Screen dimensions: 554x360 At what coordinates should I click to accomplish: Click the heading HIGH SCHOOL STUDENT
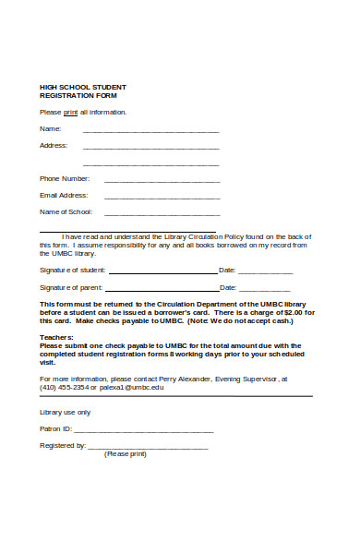pos(77,86)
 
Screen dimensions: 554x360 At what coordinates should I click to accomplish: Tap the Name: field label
pos(50,128)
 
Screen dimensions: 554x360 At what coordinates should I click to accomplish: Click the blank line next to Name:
pos(151,131)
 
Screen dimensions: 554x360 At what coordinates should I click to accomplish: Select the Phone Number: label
pos(65,178)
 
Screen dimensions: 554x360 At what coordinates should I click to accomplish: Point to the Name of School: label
pos(66,211)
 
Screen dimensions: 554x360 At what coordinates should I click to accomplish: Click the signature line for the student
pos(162,273)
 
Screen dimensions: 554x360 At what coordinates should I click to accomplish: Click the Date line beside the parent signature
pos(265,290)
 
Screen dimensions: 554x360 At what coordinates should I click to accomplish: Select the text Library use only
pos(65,412)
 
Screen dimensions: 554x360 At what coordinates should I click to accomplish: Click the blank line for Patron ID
pos(143,431)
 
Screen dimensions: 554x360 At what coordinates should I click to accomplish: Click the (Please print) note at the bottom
pos(126,453)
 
